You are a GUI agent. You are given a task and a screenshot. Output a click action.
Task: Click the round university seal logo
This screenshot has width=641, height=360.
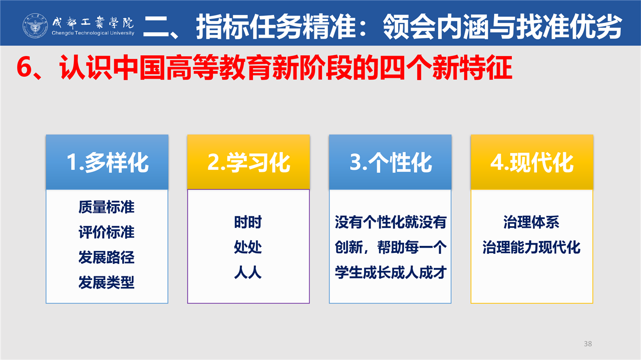coord(35,26)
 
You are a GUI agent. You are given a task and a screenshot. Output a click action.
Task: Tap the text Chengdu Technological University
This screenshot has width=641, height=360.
coord(93,33)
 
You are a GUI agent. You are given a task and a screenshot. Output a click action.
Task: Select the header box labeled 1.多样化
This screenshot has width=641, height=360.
coord(107,162)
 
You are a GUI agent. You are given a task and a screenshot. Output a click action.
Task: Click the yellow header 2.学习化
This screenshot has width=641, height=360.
coord(248,162)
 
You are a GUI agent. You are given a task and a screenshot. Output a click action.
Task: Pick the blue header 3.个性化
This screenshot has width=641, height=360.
coord(390,162)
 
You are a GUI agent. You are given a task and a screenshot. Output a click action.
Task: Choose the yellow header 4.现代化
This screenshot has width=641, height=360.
coord(532,162)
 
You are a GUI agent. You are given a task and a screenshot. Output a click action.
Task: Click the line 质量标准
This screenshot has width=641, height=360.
coord(107,207)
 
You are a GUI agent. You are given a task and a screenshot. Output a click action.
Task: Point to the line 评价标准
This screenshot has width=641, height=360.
coord(107,232)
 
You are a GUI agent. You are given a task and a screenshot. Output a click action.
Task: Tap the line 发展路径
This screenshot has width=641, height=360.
coord(107,257)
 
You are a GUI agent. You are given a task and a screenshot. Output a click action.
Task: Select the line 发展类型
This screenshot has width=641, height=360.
coord(107,282)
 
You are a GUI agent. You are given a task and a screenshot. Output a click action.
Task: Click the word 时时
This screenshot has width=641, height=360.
coord(248,222)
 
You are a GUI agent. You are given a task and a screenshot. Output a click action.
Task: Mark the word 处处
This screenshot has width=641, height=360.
coord(248,247)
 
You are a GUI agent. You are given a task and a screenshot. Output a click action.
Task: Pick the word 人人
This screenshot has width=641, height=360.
coord(248,272)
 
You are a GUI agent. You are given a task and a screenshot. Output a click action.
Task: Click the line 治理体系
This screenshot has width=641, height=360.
coord(531,222)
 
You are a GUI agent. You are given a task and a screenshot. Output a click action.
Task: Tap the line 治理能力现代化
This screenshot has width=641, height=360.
coord(531,247)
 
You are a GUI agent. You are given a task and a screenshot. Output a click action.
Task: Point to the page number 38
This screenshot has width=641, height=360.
coord(588,343)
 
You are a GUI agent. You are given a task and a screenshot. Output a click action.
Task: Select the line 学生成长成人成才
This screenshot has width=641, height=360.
coord(391,272)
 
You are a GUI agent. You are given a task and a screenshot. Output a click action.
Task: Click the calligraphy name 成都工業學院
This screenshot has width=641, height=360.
coord(93,23)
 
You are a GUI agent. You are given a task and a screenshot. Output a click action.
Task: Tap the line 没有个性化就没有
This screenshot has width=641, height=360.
coord(391,222)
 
